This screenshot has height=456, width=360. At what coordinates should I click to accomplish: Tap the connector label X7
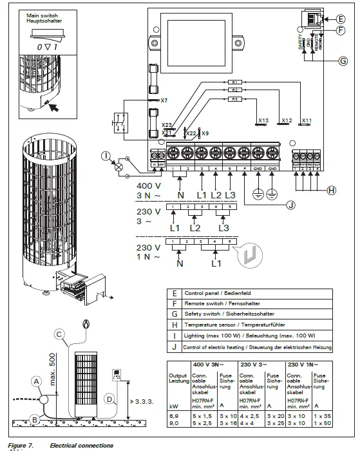164,101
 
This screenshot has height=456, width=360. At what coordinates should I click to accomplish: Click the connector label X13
262,120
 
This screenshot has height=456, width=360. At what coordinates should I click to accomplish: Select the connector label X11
307,120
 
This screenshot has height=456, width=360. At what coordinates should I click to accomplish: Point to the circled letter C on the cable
59,334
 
